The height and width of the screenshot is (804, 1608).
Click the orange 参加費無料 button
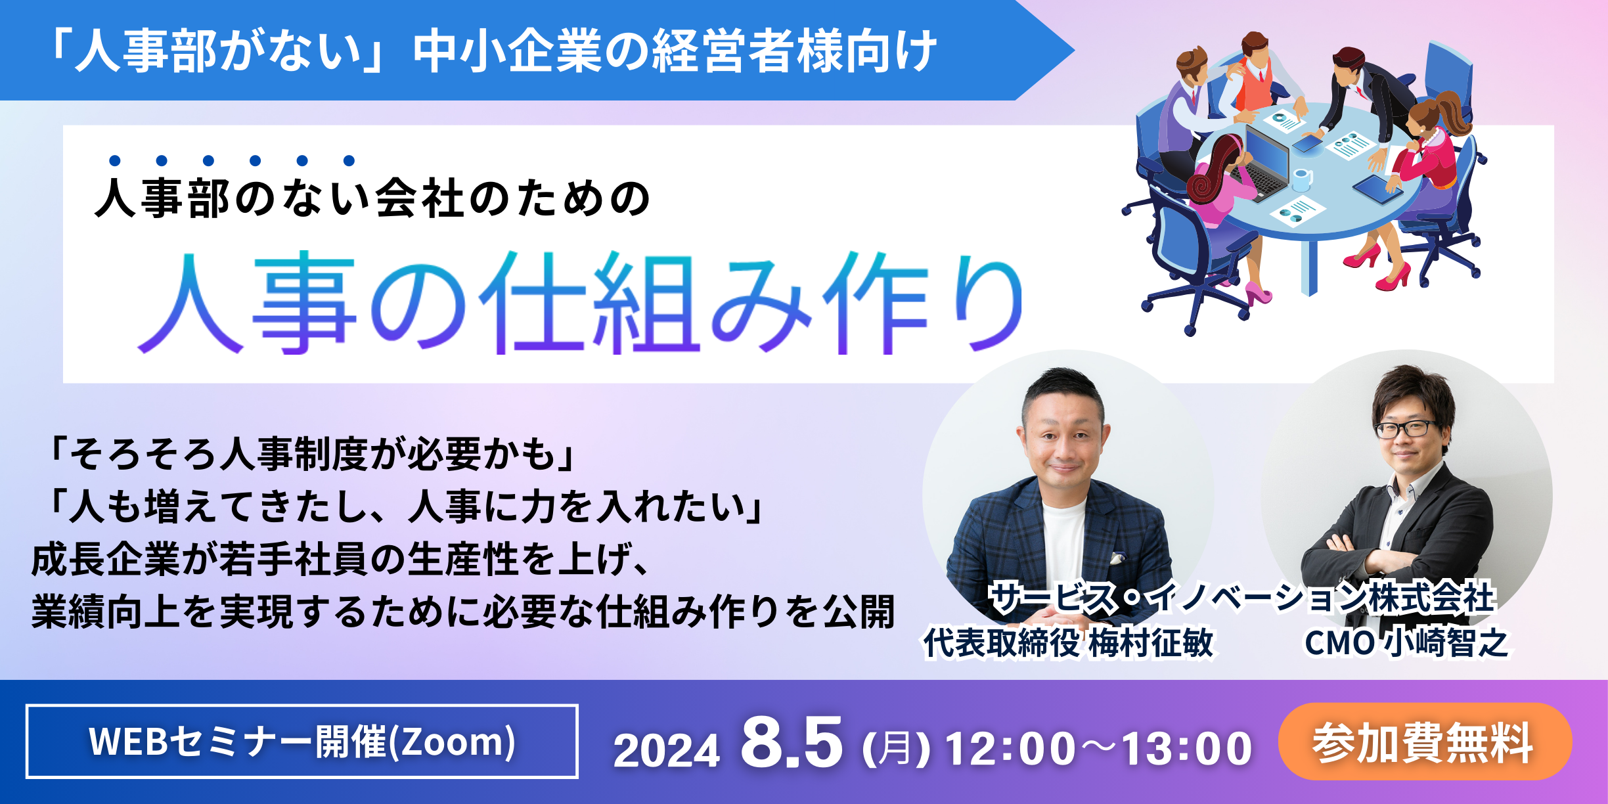pyautogui.click(x=1425, y=742)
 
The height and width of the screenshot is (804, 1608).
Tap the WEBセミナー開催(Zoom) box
pyautogui.click(x=302, y=742)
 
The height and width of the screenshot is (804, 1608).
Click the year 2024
pyautogui.click(x=667, y=750)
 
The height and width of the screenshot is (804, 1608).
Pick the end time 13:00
pyautogui.click(x=1187, y=749)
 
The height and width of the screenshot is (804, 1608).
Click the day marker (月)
pyautogui.click(x=896, y=749)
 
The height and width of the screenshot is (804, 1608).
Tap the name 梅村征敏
pyautogui.click(x=1151, y=642)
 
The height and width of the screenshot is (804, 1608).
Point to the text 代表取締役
pyautogui.click(x=1001, y=642)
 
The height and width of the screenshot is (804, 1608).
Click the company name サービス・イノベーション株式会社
pyautogui.click(x=1243, y=598)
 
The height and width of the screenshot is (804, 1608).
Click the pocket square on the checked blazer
pyautogui.click(x=1117, y=558)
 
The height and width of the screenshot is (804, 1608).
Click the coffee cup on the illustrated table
pyautogui.click(x=1302, y=179)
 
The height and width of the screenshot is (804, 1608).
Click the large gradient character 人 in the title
pyautogui.click(x=190, y=303)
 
